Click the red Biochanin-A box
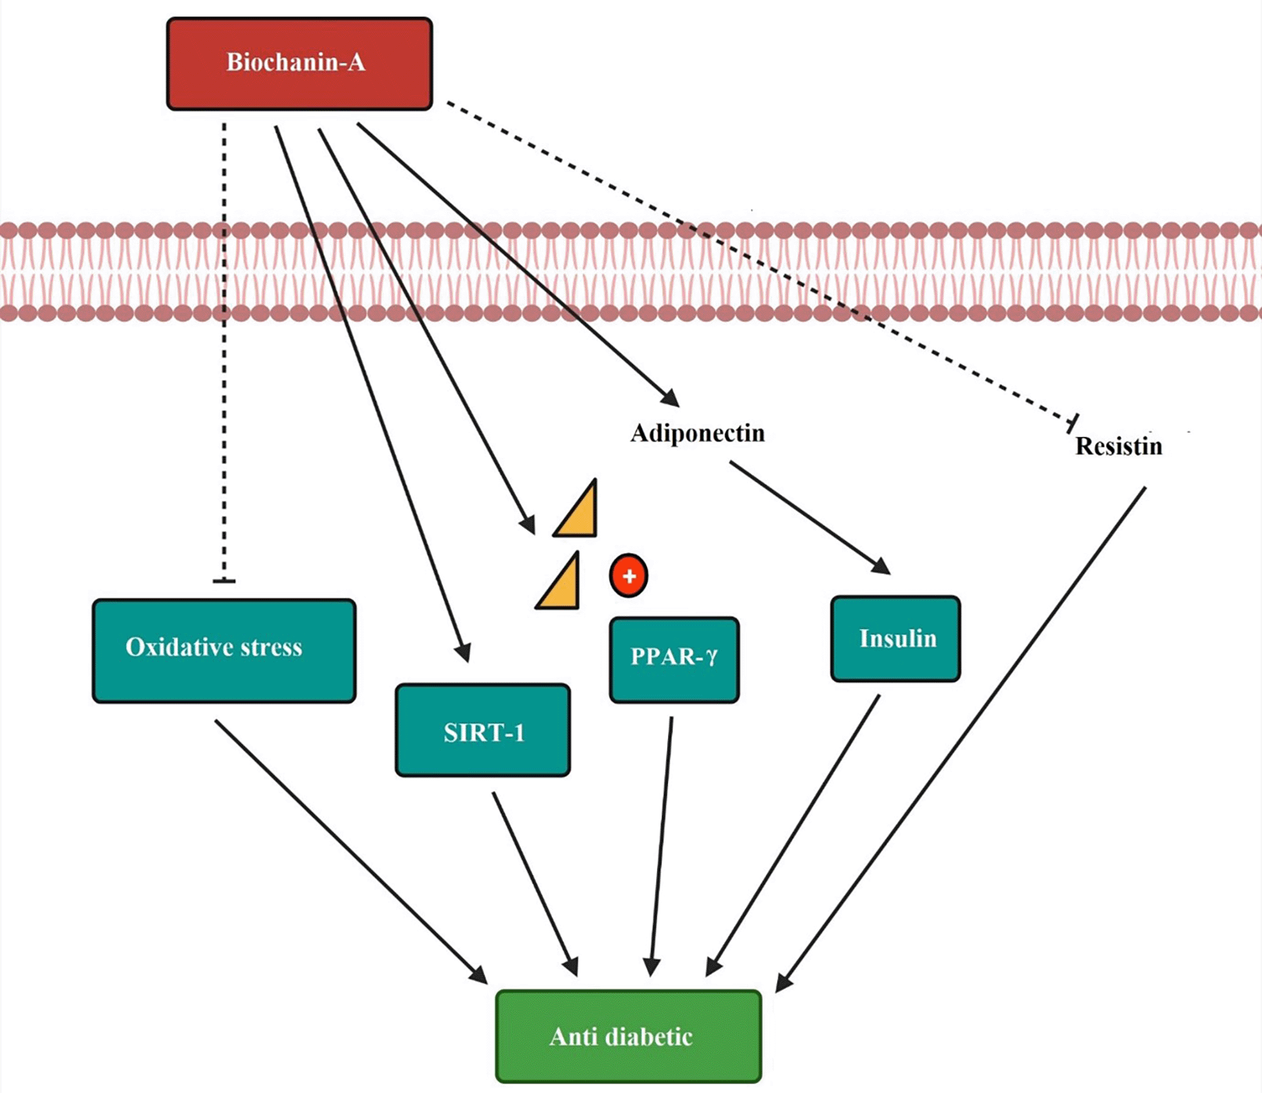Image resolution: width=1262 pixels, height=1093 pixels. pyautogui.click(x=299, y=64)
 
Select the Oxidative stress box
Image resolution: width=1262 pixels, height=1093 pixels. pyautogui.click(x=224, y=650)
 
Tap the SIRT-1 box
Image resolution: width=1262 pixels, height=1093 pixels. pyautogui.click(x=482, y=731)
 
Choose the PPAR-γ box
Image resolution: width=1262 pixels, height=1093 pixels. pyautogui.click(x=674, y=659)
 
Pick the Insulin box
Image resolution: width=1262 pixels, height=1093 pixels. pyautogui.click(x=895, y=639)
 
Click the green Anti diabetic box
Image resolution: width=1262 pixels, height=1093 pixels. pyautogui.click(x=628, y=1036)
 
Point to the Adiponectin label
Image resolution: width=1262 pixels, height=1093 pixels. pyautogui.click(x=697, y=434)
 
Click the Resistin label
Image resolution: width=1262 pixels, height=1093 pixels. pyautogui.click(x=1118, y=446)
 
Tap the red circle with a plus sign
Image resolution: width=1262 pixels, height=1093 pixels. pyautogui.click(x=629, y=576)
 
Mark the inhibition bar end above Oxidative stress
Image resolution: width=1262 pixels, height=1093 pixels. pyautogui.click(x=224, y=581)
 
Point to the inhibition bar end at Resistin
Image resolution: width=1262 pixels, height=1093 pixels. pyautogui.click(x=1073, y=423)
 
